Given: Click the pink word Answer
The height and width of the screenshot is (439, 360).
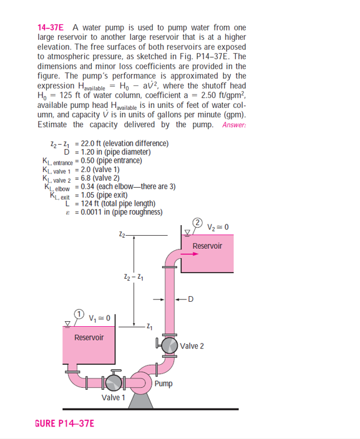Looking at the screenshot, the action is [234, 124].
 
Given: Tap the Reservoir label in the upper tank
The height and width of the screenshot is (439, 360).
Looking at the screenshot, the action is [207, 246].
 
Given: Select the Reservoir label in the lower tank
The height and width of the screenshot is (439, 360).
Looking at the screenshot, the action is [89, 337].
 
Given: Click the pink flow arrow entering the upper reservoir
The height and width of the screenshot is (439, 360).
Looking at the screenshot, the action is [188, 254].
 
